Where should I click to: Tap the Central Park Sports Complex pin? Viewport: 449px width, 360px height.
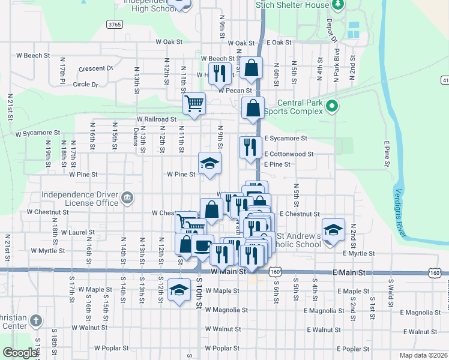pyautogui.click(x=332, y=107)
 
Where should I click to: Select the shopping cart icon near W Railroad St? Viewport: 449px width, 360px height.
pyautogui.click(x=194, y=103)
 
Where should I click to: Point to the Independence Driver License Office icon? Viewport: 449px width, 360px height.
pyautogui.click(x=127, y=198)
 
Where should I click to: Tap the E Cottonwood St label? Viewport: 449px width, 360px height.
pyautogui.click(x=289, y=154)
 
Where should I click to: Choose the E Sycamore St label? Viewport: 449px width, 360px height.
pyautogui.click(x=286, y=138)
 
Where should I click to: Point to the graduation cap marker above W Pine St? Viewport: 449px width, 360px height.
pyautogui.click(x=210, y=163)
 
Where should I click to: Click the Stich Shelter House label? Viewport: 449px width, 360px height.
pyautogui.click(x=292, y=5)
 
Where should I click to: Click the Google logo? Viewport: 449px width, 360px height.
pyautogui.click(x=19, y=353)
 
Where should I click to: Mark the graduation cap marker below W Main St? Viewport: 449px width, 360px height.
pyautogui.click(x=179, y=290)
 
